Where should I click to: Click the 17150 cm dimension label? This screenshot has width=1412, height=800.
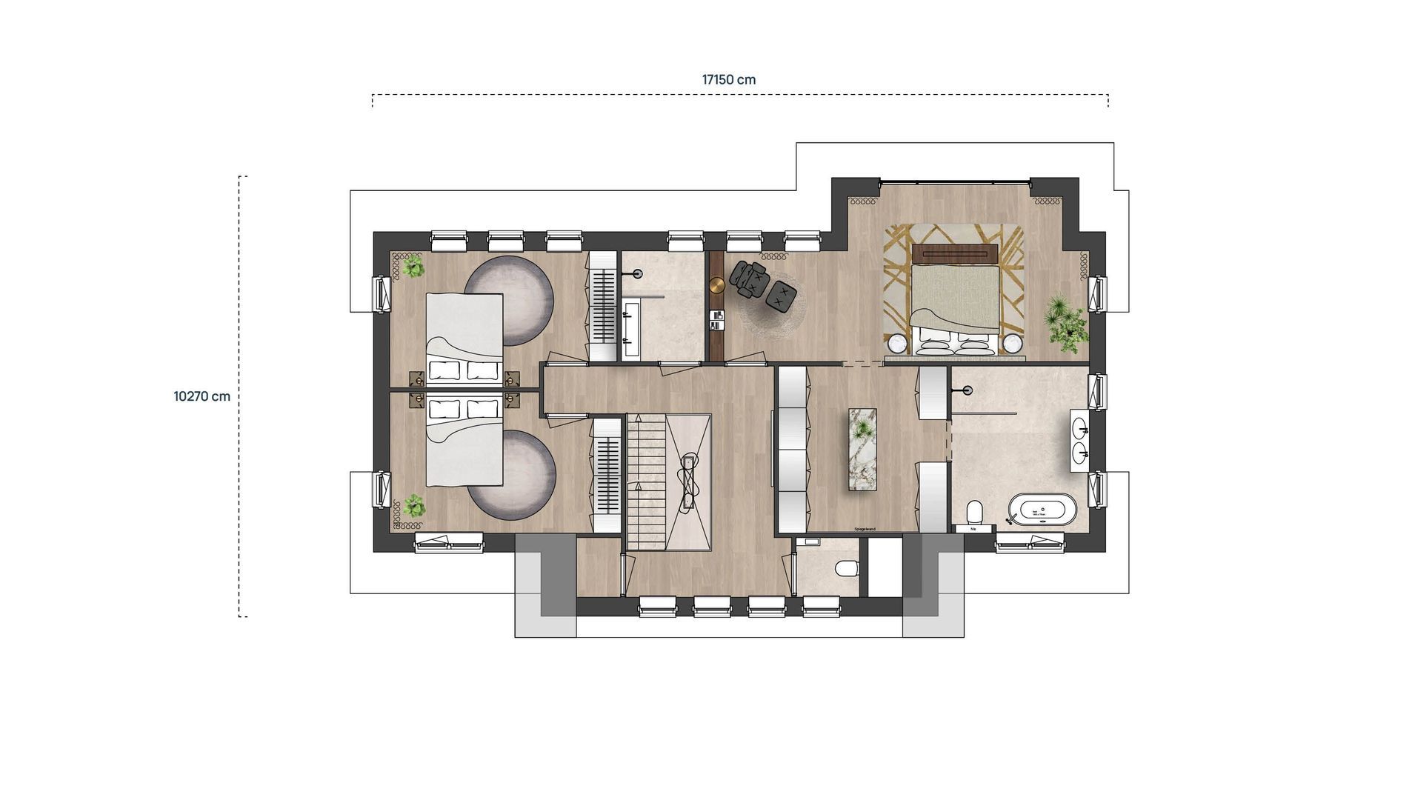(728, 80)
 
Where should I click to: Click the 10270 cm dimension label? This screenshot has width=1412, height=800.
(202, 396)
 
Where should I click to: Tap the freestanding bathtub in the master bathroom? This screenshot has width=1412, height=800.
(1041, 510)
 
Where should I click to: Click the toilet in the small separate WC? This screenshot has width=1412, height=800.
(845, 569)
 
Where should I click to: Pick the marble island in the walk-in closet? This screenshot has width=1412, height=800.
(862, 449)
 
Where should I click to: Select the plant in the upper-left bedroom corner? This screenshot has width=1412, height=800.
(413, 267)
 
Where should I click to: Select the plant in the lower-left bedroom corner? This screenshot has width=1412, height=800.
(413, 506)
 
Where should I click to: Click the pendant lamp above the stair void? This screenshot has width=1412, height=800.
(689, 481)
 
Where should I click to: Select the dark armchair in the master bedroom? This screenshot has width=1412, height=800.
(748, 279)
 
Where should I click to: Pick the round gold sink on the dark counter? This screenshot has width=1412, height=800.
(716, 286)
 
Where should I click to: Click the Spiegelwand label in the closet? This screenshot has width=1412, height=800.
(864, 529)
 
